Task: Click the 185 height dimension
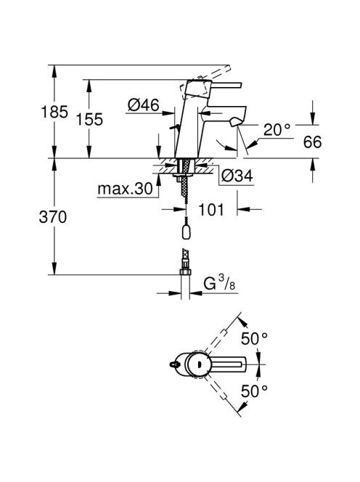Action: (x=54, y=112)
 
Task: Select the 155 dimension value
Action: (x=89, y=119)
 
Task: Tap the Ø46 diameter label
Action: (x=144, y=105)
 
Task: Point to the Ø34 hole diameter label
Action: (x=237, y=176)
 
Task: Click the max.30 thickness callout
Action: (x=125, y=189)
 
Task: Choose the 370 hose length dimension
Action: (x=53, y=217)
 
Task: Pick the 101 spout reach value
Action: (x=211, y=210)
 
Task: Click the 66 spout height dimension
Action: (x=312, y=142)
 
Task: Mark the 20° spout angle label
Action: (x=277, y=130)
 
